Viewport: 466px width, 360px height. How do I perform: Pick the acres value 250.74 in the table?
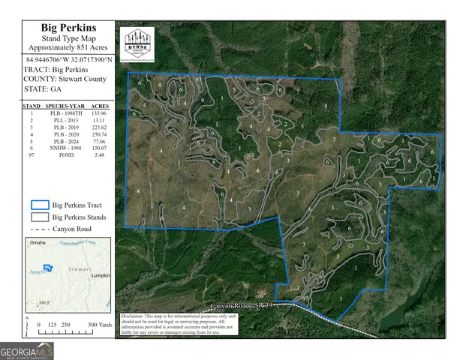coord(98,132)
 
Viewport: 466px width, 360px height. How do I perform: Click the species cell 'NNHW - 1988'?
coord(65,148)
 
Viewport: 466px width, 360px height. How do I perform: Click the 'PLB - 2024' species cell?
coord(65,140)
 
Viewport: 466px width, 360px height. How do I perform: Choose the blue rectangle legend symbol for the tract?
coord(39,204)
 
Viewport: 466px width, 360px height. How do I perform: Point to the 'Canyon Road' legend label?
coord(73,229)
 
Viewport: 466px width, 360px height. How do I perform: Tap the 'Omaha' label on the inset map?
coord(35,243)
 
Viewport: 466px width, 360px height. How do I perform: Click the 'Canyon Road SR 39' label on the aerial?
coord(240,306)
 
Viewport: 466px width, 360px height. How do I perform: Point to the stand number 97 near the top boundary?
coord(198,79)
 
